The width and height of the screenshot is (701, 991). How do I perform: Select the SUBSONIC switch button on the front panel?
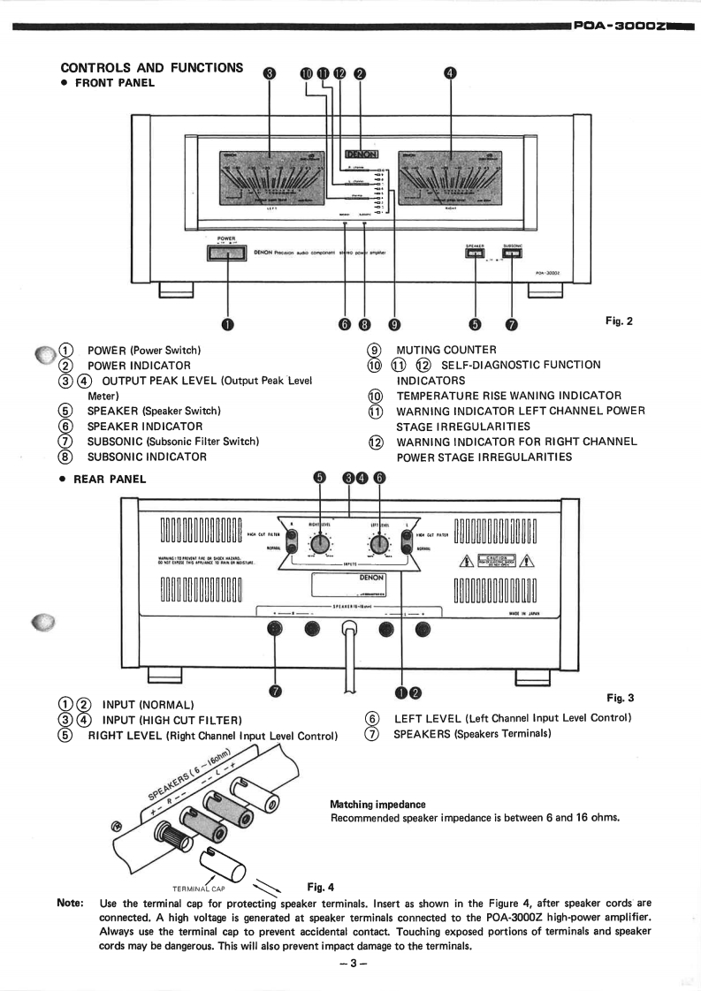tap(512, 254)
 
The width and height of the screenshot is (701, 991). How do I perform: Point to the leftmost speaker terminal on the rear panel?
tap(275, 629)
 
